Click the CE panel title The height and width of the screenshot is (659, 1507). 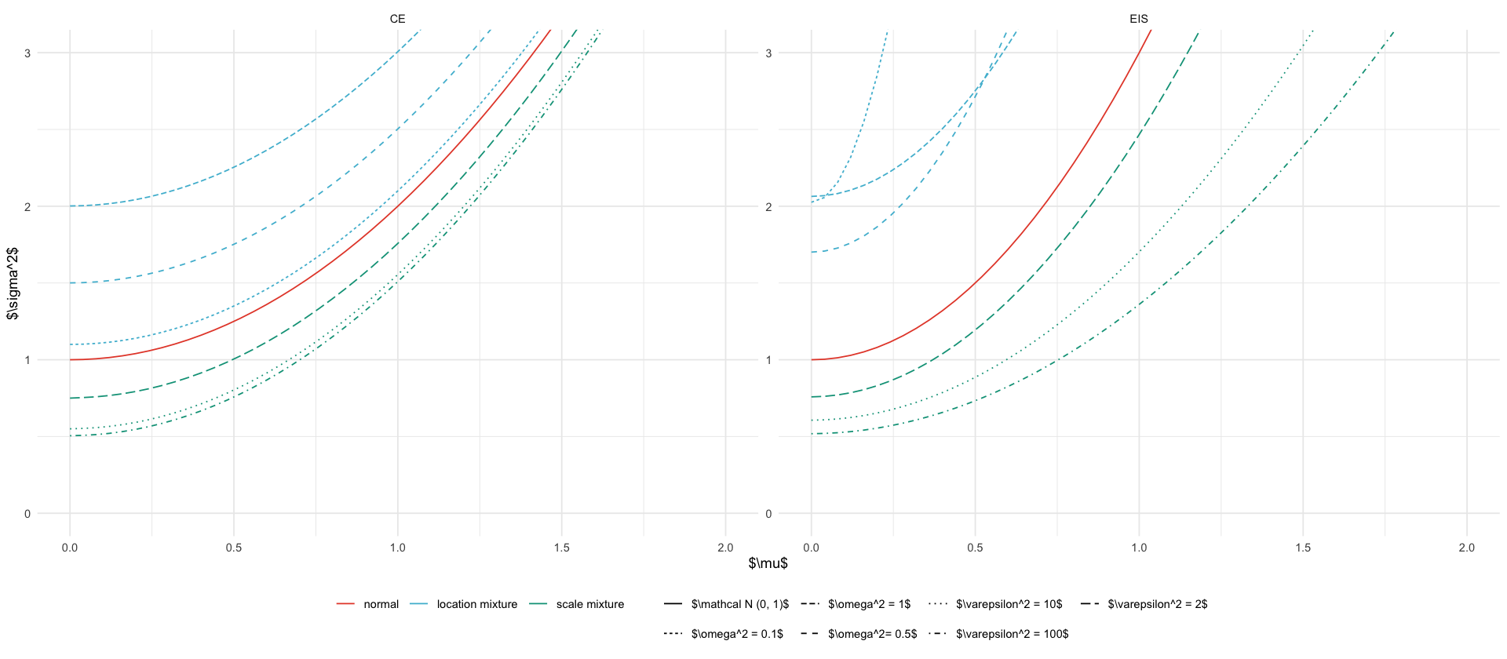(397, 19)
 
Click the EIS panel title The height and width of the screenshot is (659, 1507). (1138, 19)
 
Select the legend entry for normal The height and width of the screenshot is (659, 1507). (381, 604)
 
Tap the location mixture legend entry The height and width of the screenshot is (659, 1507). (476, 604)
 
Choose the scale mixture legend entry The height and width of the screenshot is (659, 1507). (589, 604)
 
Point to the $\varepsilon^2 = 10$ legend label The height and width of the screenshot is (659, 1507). (1009, 604)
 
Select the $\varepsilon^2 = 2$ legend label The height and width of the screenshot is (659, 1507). (1157, 604)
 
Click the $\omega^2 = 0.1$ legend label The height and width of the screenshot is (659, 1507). (737, 634)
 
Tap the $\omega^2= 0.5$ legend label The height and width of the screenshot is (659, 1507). (872, 634)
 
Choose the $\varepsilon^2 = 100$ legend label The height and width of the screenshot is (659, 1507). (1012, 634)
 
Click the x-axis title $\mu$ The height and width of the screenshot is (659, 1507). (768, 563)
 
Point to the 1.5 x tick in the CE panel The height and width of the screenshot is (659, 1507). (561, 548)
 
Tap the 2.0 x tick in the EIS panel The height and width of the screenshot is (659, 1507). (1466, 548)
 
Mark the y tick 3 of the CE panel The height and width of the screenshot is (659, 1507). (27, 53)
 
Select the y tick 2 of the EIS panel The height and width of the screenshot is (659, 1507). (768, 206)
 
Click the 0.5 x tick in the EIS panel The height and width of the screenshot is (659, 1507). (975, 548)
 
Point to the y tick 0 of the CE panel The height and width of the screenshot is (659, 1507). (27, 514)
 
